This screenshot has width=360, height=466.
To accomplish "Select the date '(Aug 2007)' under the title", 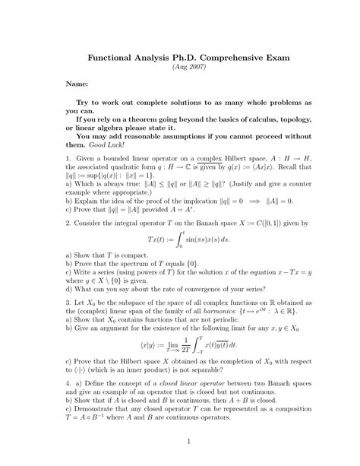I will tap(180, 68).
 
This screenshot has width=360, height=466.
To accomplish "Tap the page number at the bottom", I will tap(180, 442).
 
